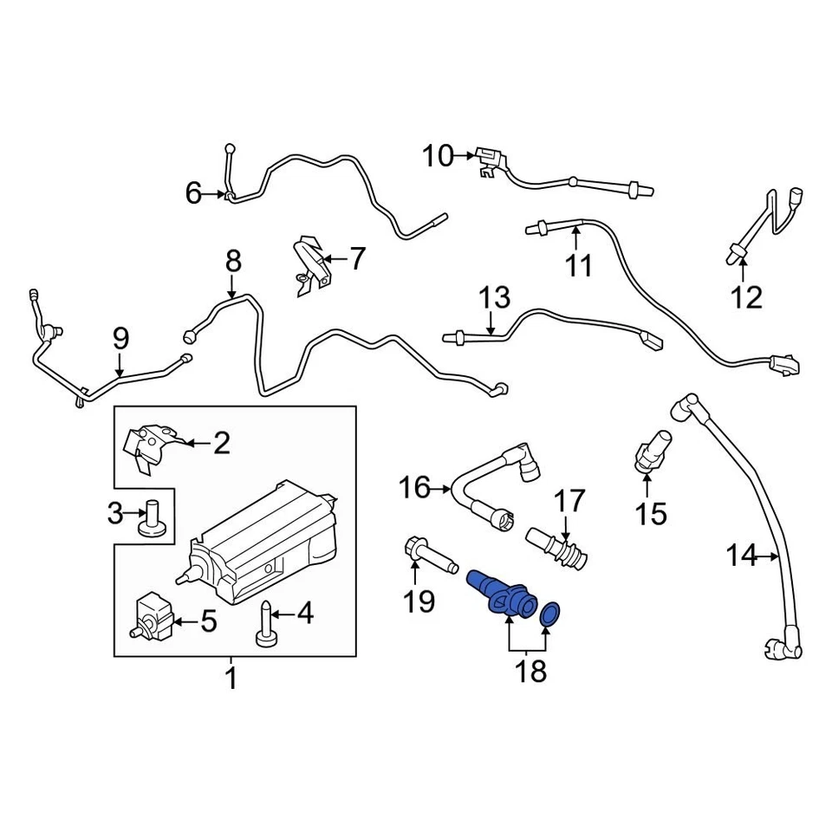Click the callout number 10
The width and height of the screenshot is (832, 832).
coord(438,157)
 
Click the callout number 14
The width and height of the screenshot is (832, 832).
coord(741,555)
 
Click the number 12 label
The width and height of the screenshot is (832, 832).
coord(746,297)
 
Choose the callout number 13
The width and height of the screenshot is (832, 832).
coord(496,299)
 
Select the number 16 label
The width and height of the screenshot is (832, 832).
coord(414,487)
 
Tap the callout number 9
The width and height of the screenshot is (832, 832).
coord(120,337)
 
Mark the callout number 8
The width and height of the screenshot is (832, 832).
coord(232,261)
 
